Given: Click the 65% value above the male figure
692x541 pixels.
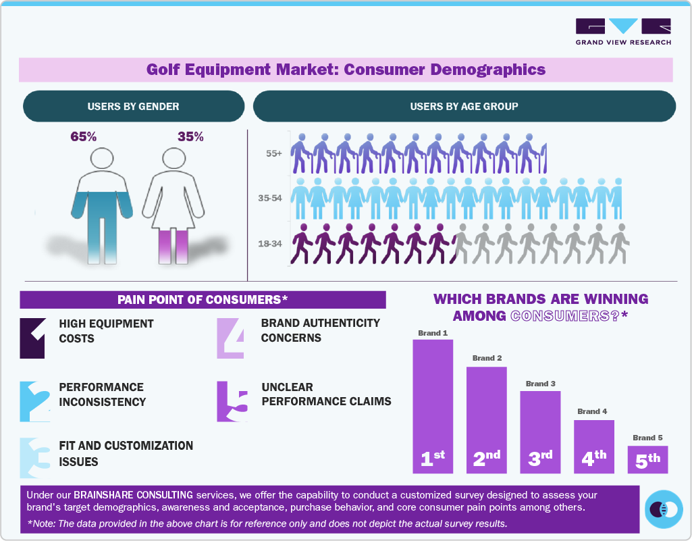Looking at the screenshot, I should point(84,136).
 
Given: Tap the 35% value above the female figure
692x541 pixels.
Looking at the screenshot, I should point(190,136).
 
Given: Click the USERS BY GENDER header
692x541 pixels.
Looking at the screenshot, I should point(133,106).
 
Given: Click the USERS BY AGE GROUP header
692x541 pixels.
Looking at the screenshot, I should point(464,106).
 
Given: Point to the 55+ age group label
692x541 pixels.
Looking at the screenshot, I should point(273,154).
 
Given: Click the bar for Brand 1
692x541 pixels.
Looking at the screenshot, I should point(433,406).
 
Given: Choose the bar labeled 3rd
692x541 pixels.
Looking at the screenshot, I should point(540,432).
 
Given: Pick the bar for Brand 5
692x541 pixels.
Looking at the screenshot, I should point(648,459).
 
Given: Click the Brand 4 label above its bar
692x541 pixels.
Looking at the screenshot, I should point(593,411).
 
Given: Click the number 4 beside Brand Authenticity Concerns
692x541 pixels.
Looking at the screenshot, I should point(230,337).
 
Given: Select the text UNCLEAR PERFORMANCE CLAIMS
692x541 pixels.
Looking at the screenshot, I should point(326,394).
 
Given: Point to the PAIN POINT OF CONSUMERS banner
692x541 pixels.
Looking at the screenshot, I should point(203,300).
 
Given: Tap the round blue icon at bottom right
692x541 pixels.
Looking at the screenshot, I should point(664,509).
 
